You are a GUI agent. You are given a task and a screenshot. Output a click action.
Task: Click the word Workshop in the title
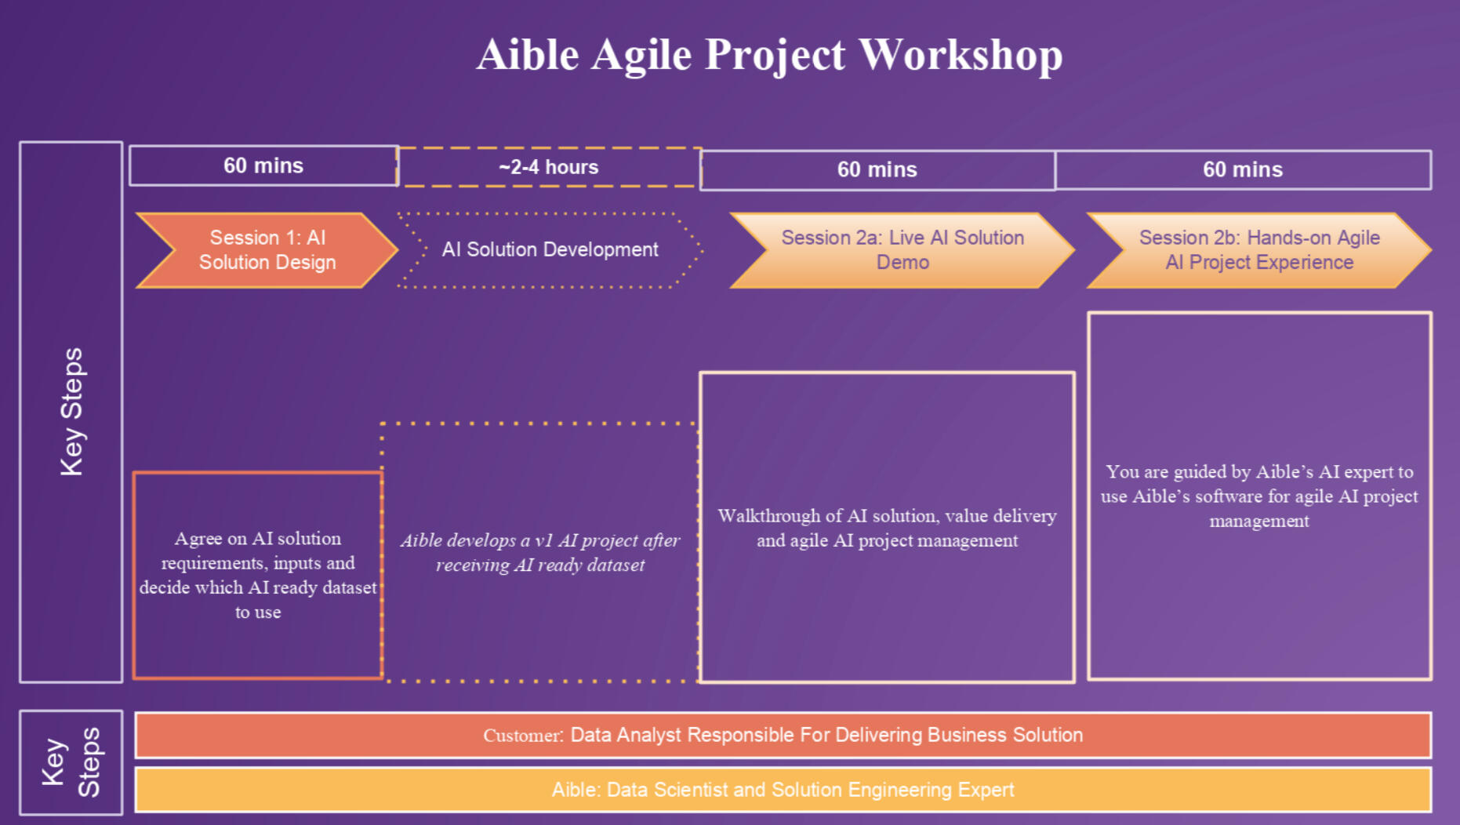point(961,55)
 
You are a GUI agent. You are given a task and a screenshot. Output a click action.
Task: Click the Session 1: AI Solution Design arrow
point(267,250)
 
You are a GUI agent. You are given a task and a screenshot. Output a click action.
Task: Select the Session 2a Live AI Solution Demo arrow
point(903,250)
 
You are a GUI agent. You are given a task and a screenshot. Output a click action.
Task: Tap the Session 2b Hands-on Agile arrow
point(1259,250)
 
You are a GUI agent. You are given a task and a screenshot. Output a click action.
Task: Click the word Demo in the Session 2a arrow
point(903,263)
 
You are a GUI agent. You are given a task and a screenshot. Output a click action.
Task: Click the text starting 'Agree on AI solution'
point(258,575)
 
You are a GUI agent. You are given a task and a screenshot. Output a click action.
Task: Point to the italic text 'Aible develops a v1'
point(540,552)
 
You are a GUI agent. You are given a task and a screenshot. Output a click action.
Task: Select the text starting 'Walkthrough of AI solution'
point(888,528)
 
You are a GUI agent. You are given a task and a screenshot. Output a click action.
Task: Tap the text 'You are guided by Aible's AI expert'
point(1259,496)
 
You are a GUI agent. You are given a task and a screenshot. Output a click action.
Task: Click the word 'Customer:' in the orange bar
point(523,736)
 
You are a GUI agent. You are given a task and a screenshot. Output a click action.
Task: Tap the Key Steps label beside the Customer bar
point(71,762)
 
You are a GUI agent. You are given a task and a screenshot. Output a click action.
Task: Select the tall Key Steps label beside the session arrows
point(71,412)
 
